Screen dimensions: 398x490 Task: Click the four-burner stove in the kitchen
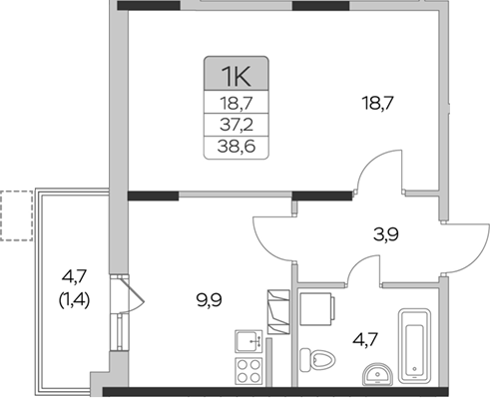[248, 373]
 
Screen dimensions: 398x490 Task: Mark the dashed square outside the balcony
[15, 216]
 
